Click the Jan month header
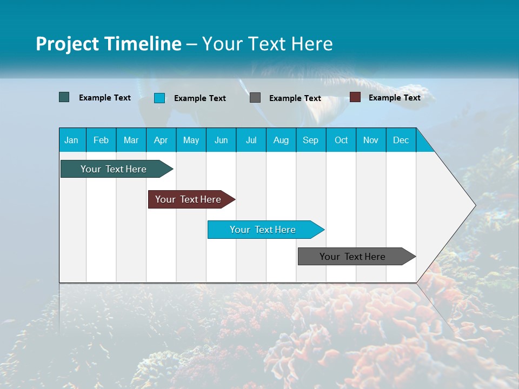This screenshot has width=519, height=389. point(71,140)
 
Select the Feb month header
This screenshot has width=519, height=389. point(101,140)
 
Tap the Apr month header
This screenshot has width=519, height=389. point(161,140)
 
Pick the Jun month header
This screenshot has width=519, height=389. point(221,140)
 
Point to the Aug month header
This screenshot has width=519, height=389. point(281,140)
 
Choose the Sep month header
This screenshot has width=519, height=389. point(310,140)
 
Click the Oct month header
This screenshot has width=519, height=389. point(341,140)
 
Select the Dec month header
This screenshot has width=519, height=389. point(401,140)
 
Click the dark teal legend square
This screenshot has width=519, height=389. point(64,97)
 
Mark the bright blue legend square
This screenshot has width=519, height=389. point(159,98)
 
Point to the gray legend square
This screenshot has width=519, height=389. point(255,98)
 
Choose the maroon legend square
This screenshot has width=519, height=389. point(355,97)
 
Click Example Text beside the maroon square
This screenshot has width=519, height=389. point(394,98)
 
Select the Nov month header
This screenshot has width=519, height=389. point(371,140)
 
